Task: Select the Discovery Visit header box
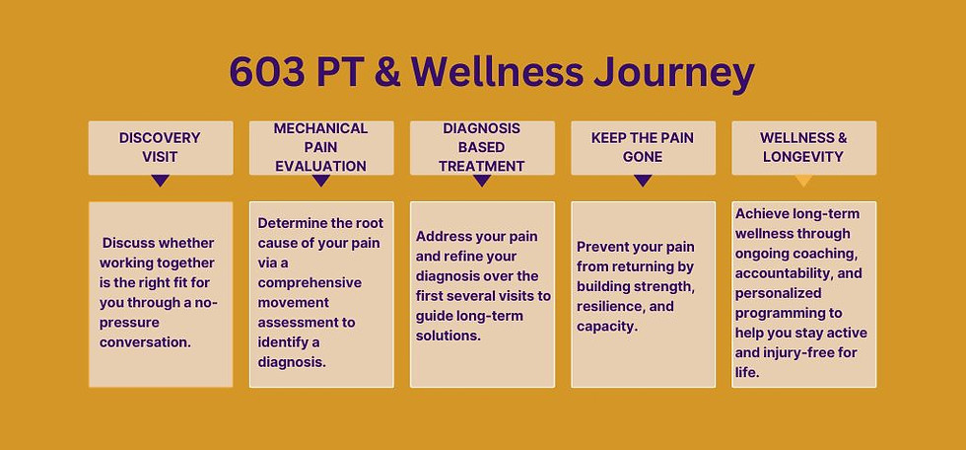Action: [x=161, y=147]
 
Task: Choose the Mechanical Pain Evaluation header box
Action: [x=320, y=147]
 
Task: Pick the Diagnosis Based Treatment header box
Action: [x=482, y=147]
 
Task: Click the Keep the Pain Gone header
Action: [x=643, y=147]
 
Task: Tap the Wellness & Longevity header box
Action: [x=803, y=147]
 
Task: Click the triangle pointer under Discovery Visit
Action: [x=161, y=181]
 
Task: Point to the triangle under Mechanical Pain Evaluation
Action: [x=320, y=181]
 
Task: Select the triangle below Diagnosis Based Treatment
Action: [x=482, y=181]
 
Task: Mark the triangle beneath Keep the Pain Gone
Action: [x=643, y=181]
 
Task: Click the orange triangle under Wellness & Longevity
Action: [x=803, y=181]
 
